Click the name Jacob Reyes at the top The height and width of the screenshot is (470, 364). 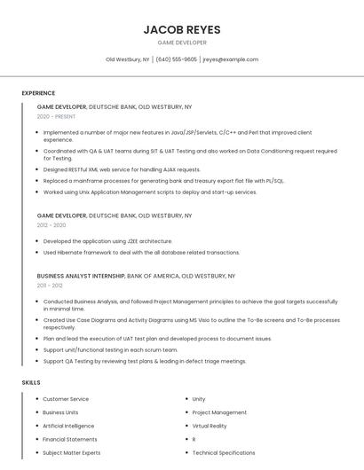(x=182, y=29)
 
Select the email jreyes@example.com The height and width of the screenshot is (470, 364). (x=231, y=59)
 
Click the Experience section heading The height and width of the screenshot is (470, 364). (x=38, y=93)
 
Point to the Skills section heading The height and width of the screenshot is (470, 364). (x=31, y=382)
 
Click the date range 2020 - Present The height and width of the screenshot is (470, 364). (x=57, y=116)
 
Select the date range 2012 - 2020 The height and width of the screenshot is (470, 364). (x=51, y=225)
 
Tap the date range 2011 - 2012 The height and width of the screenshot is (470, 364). (x=51, y=286)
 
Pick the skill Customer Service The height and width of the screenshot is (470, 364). (x=66, y=399)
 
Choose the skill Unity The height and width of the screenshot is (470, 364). (x=199, y=399)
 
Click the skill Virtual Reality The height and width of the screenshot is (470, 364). (x=210, y=426)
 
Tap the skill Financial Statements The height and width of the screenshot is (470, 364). (x=70, y=439)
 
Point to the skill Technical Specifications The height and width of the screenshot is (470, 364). (x=224, y=452)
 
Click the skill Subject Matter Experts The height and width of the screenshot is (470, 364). (x=71, y=452)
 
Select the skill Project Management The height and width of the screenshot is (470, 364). (x=219, y=412)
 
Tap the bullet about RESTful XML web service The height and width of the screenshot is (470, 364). (x=122, y=169)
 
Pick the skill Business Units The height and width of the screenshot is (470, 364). (x=60, y=412)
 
